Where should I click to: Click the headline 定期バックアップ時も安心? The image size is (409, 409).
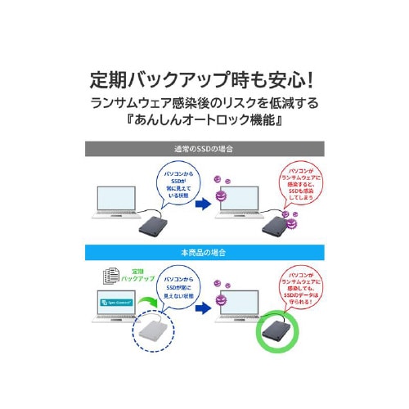coord(204,82)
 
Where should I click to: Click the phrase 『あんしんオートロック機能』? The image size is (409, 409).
coord(204,126)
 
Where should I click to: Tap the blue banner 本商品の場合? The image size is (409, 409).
coord(204,250)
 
